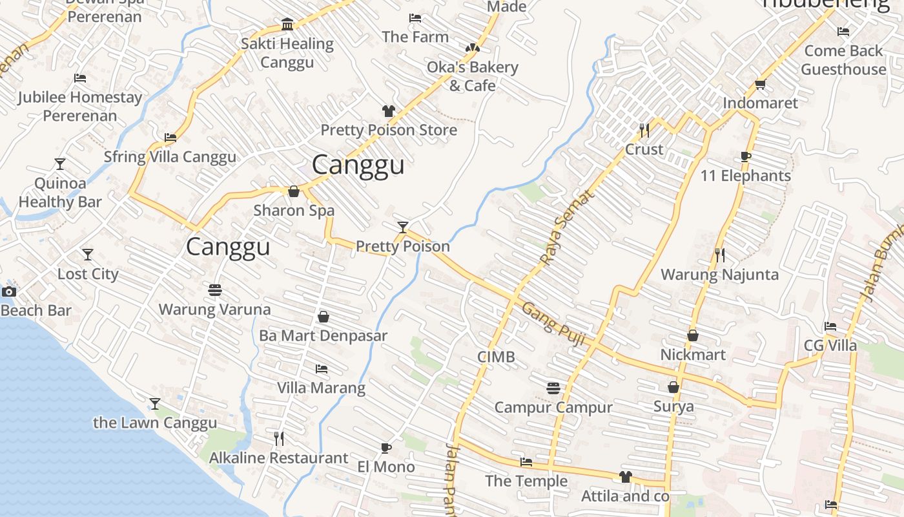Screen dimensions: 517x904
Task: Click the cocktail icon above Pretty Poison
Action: [x=403, y=227]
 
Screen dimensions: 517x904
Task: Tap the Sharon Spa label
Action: [x=294, y=210]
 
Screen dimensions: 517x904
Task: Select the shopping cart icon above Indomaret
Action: [x=761, y=84]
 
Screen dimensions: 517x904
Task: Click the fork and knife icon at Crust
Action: [x=644, y=131]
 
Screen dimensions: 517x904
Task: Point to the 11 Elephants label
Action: [x=745, y=176]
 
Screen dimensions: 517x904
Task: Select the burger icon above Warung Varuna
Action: [x=215, y=290]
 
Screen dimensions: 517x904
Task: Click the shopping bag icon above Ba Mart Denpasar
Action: [x=324, y=317]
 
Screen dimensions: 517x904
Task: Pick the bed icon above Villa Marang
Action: [x=321, y=369]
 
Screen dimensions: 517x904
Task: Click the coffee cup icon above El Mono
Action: [x=386, y=447]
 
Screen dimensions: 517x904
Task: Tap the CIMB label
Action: [x=496, y=357]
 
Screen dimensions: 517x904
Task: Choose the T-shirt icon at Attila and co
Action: [x=625, y=477]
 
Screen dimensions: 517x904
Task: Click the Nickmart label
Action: [x=693, y=355]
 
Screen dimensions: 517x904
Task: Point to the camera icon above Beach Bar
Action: [x=9, y=291]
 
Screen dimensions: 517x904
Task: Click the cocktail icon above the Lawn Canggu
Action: [x=155, y=404]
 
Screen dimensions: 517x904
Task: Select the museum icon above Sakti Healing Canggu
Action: [x=287, y=25]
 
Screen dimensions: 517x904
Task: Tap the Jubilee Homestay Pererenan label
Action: [x=80, y=107]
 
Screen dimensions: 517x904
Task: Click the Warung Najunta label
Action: [x=719, y=275]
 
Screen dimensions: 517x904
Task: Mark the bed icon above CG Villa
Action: [x=830, y=326]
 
